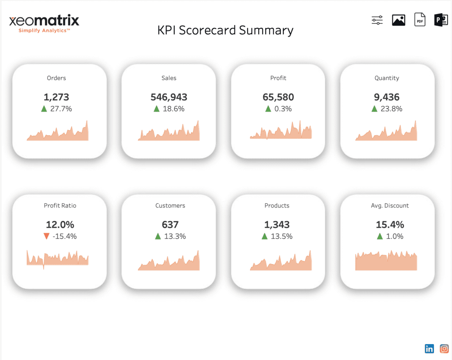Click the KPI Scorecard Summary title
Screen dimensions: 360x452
(x=225, y=30)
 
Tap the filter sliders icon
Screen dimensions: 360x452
(x=377, y=20)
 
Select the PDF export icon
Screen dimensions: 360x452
(x=420, y=20)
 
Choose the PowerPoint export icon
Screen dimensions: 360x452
(x=441, y=20)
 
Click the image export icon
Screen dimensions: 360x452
(x=399, y=20)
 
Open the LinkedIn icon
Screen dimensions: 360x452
(x=429, y=349)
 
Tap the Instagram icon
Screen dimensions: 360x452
(x=444, y=349)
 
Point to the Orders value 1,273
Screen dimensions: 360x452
(x=56, y=97)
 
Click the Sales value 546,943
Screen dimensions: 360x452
(x=169, y=97)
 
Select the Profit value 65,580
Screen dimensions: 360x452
(x=278, y=97)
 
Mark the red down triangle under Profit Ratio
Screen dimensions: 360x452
(x=46, y=236)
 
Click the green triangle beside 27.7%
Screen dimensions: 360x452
(x=44, y=109)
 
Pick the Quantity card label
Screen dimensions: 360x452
(x=387, y=78)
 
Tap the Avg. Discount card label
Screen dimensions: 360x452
(x=390, y=206)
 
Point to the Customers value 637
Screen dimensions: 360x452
(x=169, y=225)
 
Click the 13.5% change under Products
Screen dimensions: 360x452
(x=281, y=236)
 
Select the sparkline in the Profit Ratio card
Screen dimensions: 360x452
(x=57, y=259)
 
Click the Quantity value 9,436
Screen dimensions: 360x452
(x=387, y=97)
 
